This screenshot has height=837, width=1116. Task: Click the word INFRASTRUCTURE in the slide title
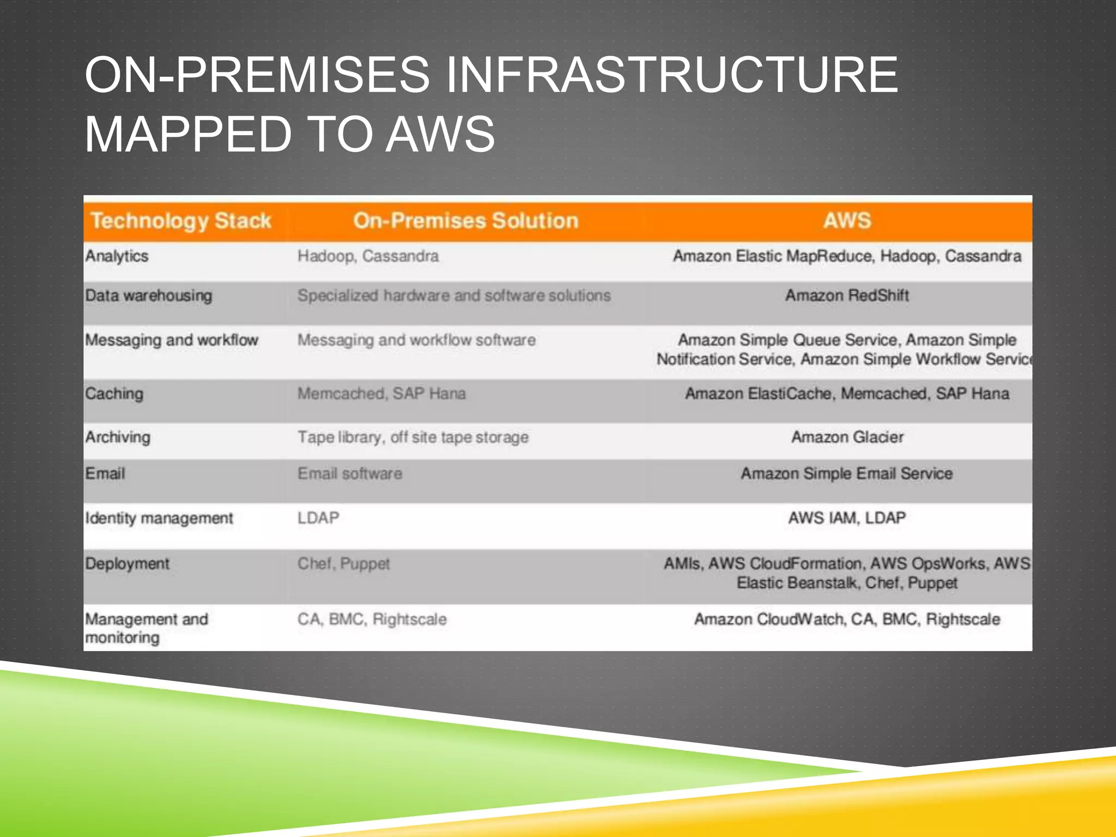tap(671, 75)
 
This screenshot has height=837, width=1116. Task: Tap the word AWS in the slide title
tap(440, 134)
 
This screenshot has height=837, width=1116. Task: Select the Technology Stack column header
tap(180, 221)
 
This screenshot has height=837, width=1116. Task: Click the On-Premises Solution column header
tap(465, 221)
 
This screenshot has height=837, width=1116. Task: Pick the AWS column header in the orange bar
tap(847, 221)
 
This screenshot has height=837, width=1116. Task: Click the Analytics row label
tap(117, 256)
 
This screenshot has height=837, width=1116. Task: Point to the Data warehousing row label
tap(149, 296)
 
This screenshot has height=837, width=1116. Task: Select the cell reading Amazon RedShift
tap(847, 296)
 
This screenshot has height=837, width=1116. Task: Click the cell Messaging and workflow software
tap(416, 340)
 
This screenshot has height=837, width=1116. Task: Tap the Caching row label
tap(114, 393)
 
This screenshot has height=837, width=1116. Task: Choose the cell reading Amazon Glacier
tap(847, 437)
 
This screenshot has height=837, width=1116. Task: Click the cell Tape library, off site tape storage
tap(413, 437)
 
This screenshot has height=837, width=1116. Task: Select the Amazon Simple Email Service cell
tap(846, 474)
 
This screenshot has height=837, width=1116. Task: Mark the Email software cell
tap(350, 474)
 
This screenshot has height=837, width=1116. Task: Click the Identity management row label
tap(159, 518)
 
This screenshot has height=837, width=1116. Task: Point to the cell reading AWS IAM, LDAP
tap(847, 518)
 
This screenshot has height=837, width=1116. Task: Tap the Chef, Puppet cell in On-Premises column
tap(343, 563)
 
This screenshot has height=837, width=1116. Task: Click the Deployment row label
tap(127, 563)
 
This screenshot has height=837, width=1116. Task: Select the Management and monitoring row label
tap(146, 628)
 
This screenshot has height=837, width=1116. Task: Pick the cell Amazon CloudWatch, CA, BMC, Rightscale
tap(847, 620)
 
